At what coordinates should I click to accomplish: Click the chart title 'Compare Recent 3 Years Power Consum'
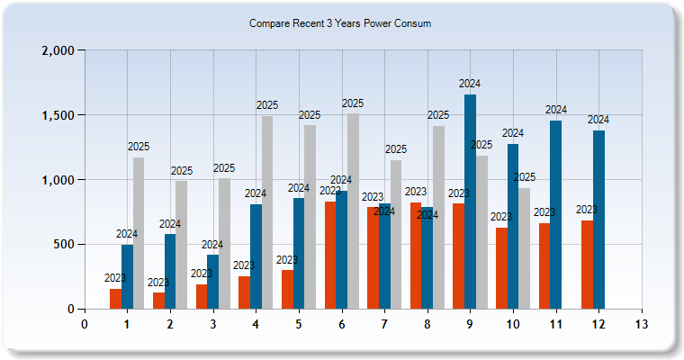pyautogui.click(x=340, y=24)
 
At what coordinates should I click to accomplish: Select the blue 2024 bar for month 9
pyautogui.click(x=470, y=202)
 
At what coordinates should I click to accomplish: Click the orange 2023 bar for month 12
pyautogui.click(x=588, y=265)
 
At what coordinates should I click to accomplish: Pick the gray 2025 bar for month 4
pyautogui.click(x=267, y=212)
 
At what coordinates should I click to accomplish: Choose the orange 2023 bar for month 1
pyautogui.click(x=115, y=299)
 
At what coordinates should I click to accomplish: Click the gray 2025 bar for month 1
pyautogui.click(x=139, y=233)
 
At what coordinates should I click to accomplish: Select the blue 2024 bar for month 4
pyautogui.click(x=256, y=256)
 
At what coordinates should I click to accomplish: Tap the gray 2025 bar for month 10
pyautogui.click(x=524, y=248)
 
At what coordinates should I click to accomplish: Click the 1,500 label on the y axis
pyautogui.click(x=58, y=115)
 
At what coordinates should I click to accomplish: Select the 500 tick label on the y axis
pyautogui.click(x=64, y=245)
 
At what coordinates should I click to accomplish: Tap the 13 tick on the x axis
pyautogui.click(x=642, y=324)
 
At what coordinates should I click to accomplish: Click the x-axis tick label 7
pyautogui.click(x=384, y=324)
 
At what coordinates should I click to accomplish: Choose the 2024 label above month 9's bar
pyautogui.click(x=470, y=85)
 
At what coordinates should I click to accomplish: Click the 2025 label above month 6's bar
pyautogui.click(x=353, y=103)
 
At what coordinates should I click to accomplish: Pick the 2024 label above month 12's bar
pyautogui.click(x=598, y=120)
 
